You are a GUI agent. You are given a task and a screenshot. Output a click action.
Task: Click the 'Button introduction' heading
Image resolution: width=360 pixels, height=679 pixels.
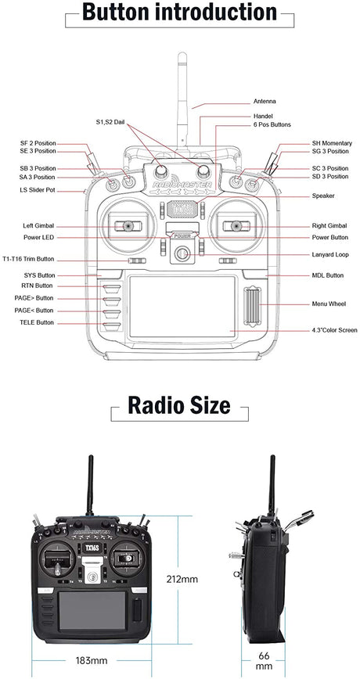pyautogui.click(x=179, y=13)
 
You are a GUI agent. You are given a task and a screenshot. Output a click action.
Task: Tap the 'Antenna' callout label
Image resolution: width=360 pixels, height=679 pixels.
pyautogui.click(x=265, y=102)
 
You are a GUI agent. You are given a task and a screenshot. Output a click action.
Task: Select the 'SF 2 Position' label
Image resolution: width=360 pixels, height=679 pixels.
pyautogui.click(x=38, y=144)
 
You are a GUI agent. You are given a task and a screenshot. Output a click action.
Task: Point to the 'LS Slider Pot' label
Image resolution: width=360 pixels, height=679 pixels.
pyautogui.click(x=38, y=189)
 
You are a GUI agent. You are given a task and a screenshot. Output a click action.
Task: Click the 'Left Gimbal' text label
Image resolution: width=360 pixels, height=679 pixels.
pyautogui.click(x=38, y=225)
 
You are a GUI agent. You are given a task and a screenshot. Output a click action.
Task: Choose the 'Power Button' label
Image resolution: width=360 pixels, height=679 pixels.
pyautogui.click(x=330, y=237)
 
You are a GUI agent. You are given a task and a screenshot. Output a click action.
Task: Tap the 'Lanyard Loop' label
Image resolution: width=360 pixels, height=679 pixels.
pyautogui.click(x=330, y=254)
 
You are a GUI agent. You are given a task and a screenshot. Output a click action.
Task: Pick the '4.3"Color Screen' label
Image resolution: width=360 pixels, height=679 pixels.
pyautogui.click(x=334, y=331)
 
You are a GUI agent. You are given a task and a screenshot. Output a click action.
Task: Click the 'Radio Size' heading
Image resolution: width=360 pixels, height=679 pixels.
pyautogui.click(x=179, y=405)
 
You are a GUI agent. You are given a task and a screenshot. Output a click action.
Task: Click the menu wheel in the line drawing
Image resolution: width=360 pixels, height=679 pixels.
pyautogui.click(x=252, y=304)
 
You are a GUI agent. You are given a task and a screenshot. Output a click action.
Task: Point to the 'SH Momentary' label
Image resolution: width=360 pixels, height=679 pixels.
pyautogui.click(x=331, y=144)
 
